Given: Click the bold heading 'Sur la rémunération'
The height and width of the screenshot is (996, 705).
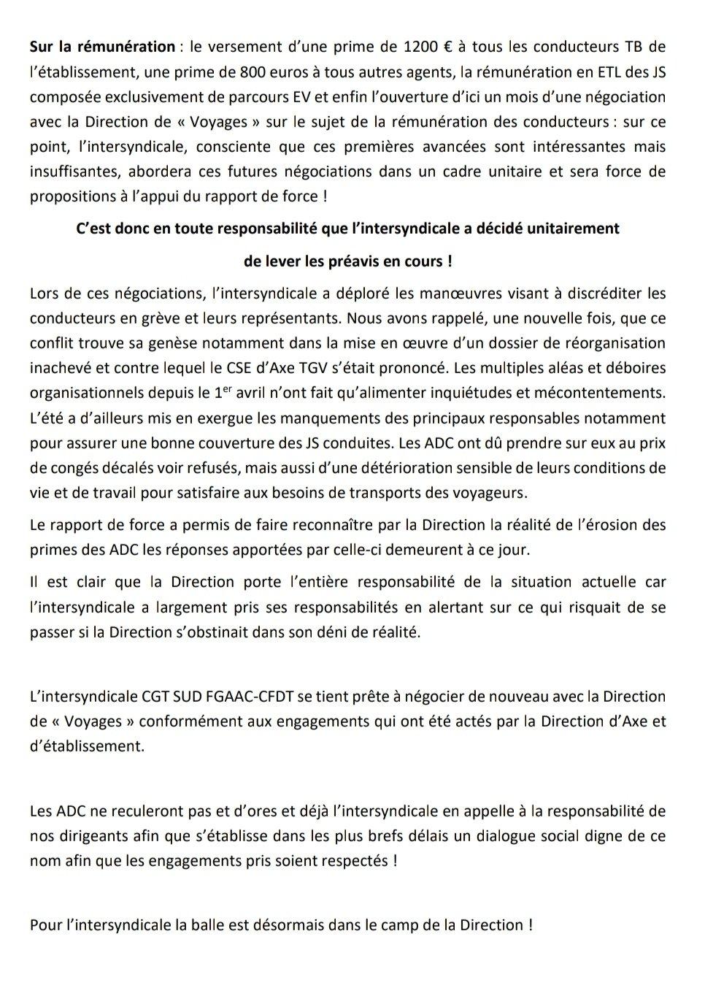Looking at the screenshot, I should point(102,47).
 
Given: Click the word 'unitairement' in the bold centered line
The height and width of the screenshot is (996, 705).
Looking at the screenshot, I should point(577,228).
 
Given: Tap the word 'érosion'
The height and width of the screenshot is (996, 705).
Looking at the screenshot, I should point(617,524).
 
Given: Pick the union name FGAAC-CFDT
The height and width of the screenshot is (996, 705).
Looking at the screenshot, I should point(248,697).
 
